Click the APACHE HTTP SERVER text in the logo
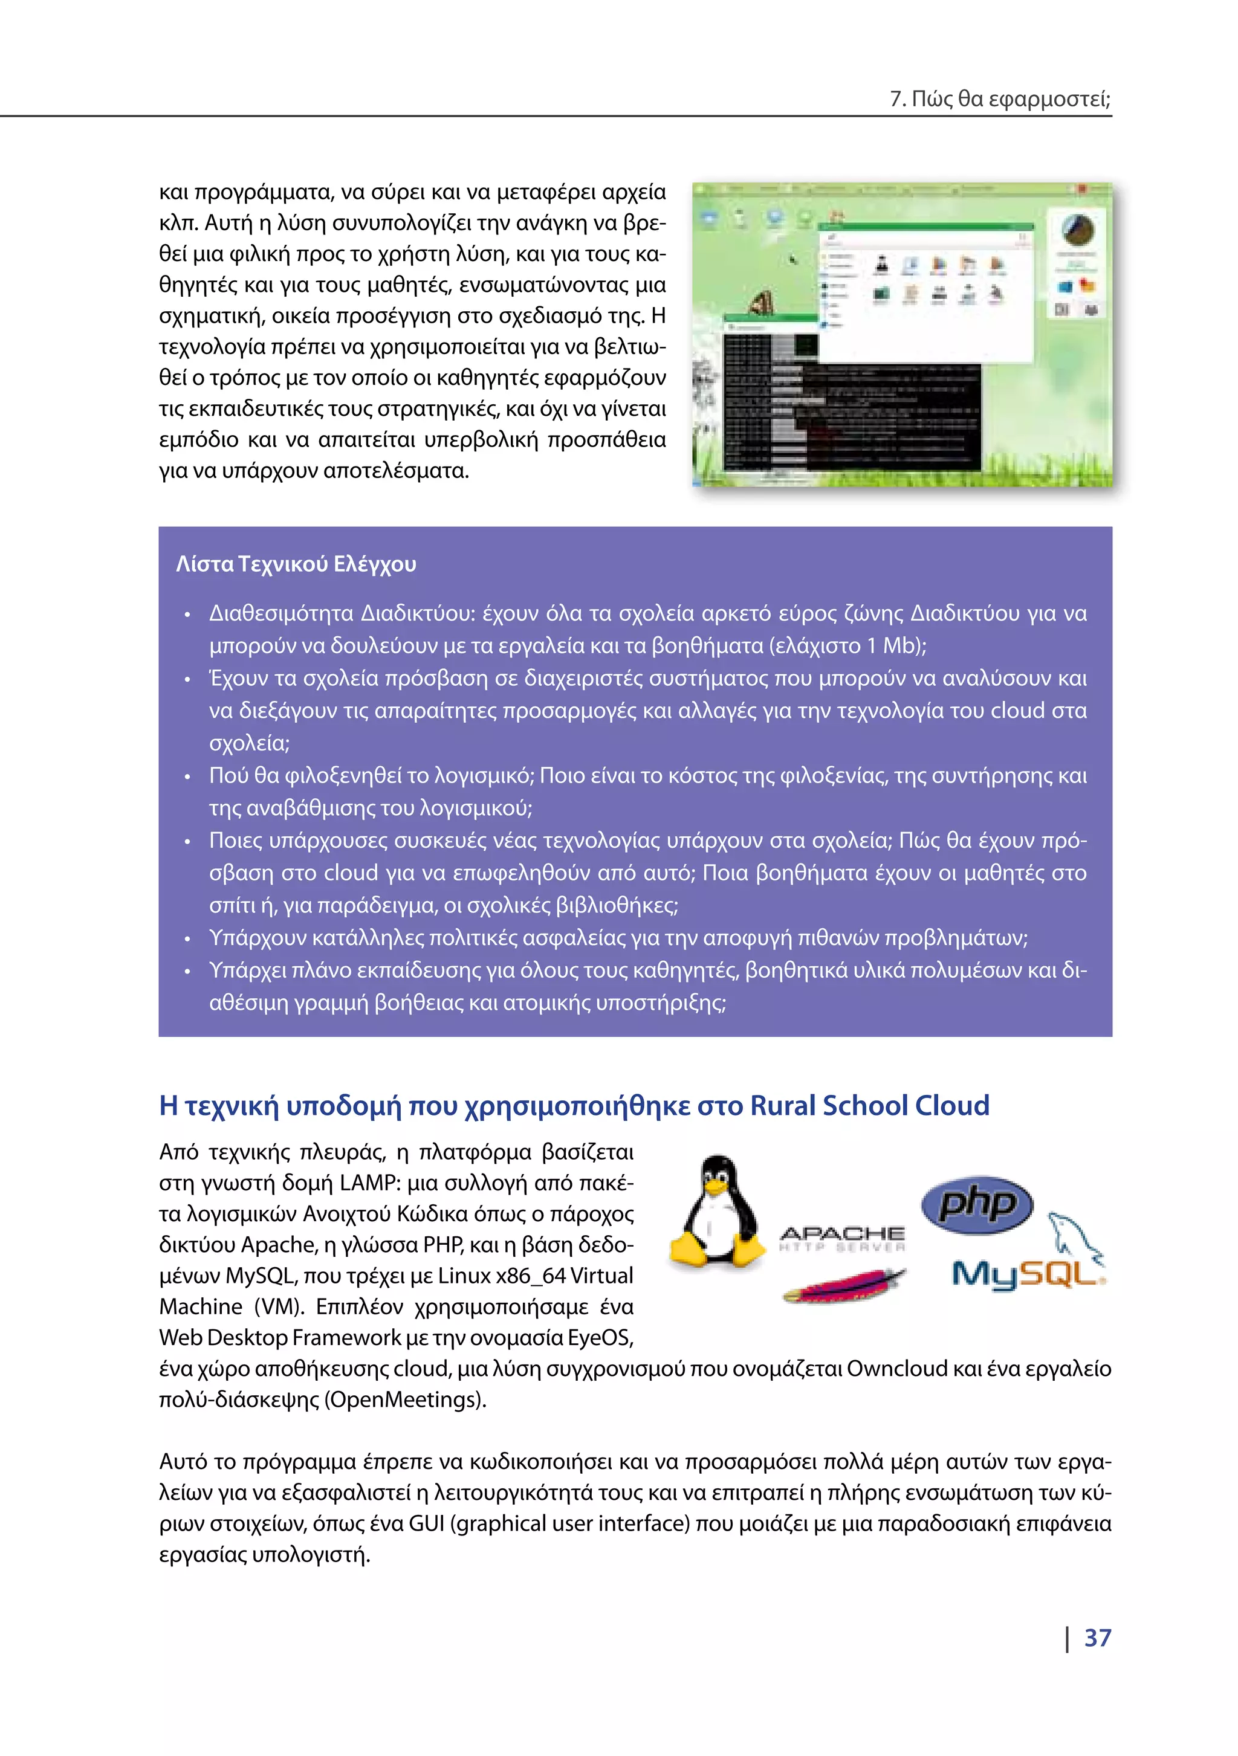(841, 1238)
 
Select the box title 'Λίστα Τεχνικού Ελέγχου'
(296, 564)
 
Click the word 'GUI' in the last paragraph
(426, 1523)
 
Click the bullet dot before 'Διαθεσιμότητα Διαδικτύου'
(187, 615)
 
